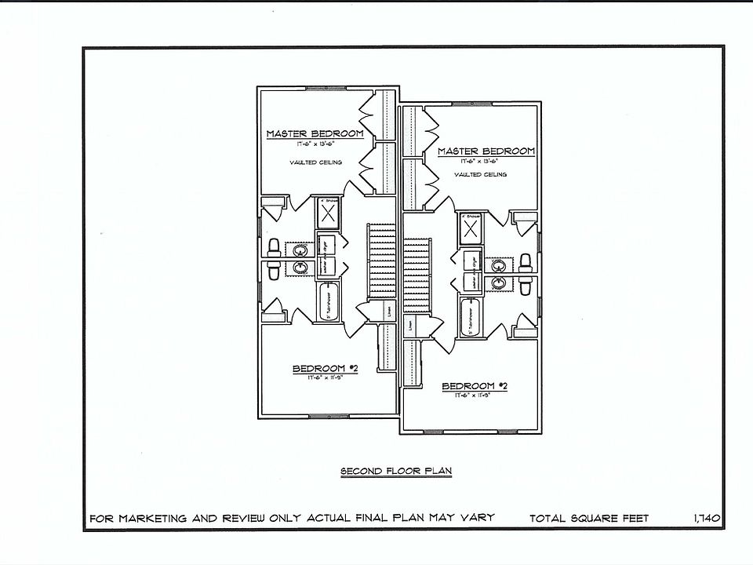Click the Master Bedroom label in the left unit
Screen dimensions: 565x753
pos(315,134)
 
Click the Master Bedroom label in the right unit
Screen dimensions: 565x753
pos(486,151)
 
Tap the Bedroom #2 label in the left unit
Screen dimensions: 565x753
pos(325,369)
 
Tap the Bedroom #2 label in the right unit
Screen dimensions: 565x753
pos(475,386)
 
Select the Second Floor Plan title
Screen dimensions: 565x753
pos(396,472)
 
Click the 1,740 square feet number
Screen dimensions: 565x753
pos(707,519)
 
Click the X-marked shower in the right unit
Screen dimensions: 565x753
pos(471,229)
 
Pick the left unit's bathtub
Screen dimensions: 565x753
pos(326,302)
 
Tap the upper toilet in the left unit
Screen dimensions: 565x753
pos(273,249)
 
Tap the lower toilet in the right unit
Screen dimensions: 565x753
pos(526,285)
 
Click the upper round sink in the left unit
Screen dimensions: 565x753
pos(299,250)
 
